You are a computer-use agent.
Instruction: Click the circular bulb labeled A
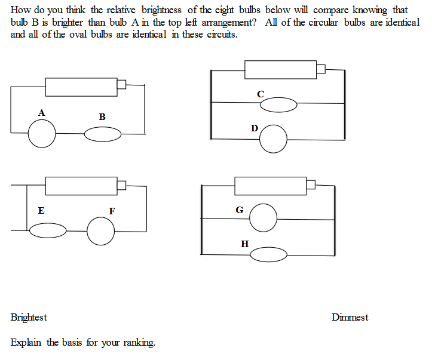pos(42,133)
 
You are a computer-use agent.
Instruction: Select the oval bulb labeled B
pos(102,135)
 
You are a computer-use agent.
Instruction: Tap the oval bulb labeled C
pos(278,105)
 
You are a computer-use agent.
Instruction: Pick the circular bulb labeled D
pos(274,139)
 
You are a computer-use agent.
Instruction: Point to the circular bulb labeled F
pos(100,231)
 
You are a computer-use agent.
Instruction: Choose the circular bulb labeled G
pos(263,218)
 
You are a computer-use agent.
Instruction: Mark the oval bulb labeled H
pos(268,255)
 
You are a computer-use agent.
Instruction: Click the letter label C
pos(260,94)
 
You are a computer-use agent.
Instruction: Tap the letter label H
pos(244,244)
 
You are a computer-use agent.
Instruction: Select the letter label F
pos(112,211)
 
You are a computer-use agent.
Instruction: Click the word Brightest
pos(29,318)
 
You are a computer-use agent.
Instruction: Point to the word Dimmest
pos(350,318)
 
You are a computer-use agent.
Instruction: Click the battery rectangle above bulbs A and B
pos(81,87)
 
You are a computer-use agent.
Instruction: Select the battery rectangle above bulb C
pos(280,69)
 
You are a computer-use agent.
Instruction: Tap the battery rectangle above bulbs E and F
pos(81,186)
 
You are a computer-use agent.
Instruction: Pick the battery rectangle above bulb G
pos(270,186)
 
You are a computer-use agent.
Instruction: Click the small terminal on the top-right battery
pos(320,69)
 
